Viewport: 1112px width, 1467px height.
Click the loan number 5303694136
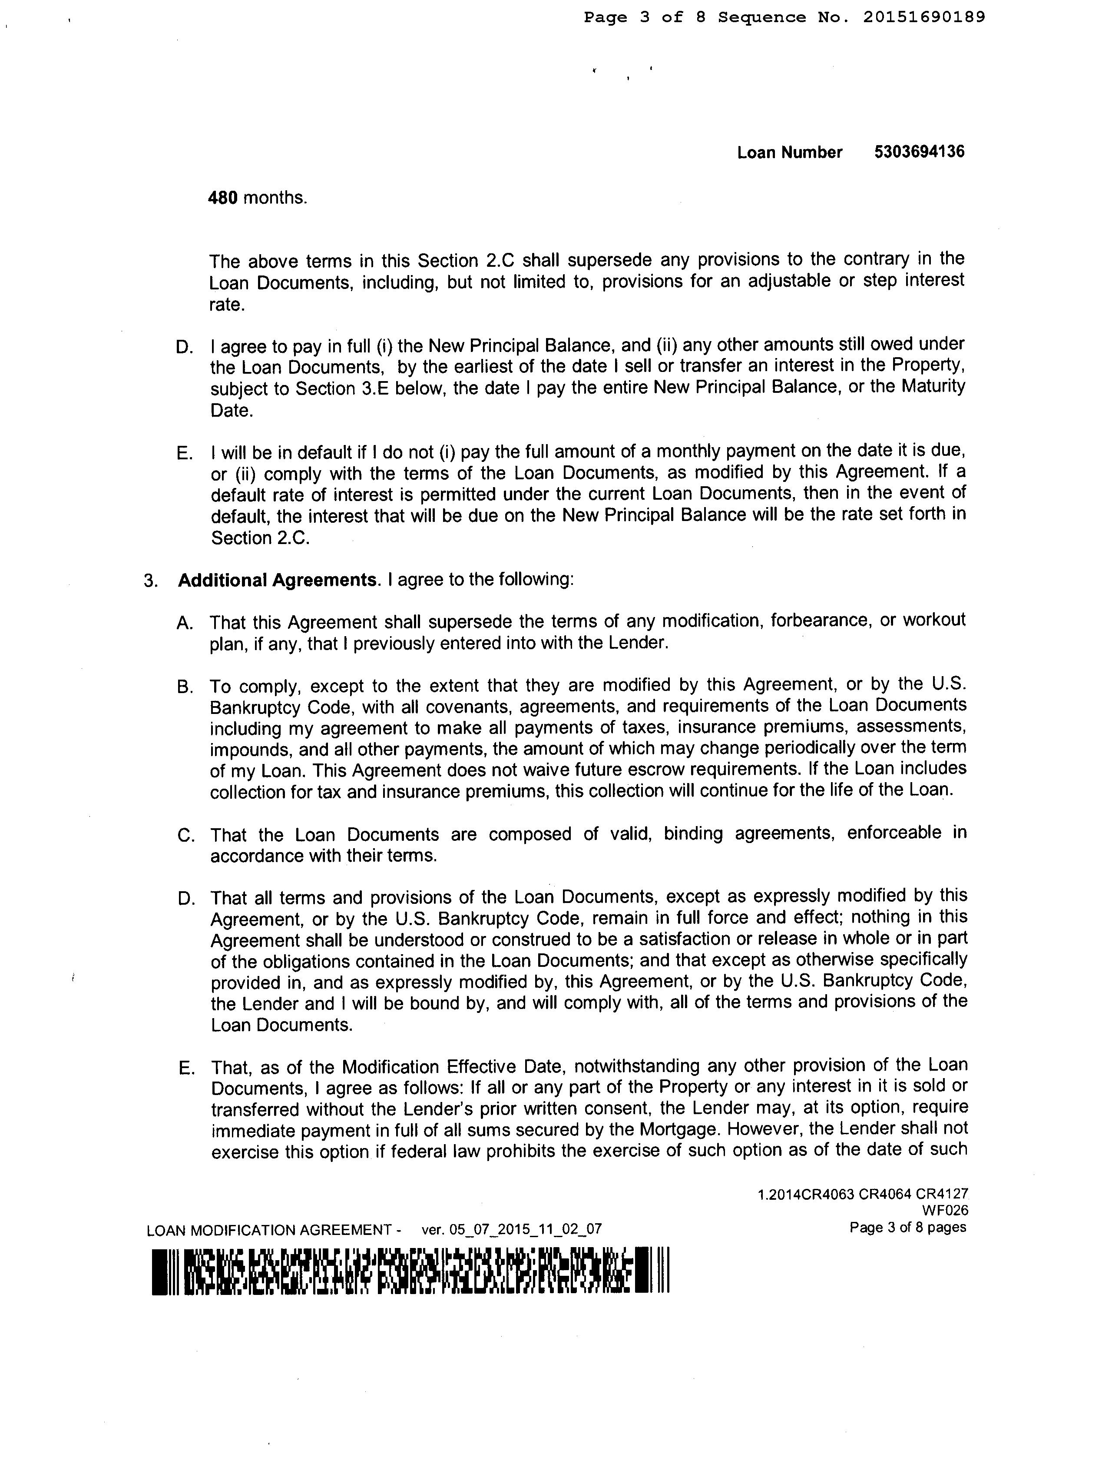[919, 152]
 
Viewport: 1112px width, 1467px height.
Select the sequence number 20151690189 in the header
[924, 17]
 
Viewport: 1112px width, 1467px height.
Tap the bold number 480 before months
[223, 198]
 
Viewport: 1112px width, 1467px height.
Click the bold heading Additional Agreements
[277, 580]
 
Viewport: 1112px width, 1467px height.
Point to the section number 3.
[151, 580]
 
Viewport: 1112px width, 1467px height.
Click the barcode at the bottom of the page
[410, 1271]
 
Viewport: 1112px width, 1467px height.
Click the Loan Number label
[789, 153]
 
